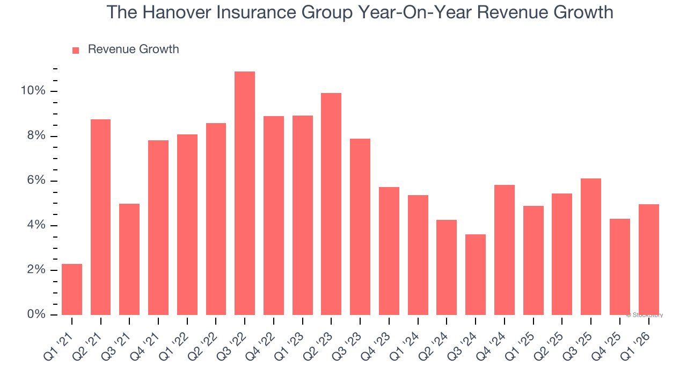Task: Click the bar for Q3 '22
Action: point(245,193)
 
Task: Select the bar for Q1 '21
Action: point(72,289)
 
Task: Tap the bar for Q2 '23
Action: point(331,204)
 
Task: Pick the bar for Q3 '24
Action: point(476,274)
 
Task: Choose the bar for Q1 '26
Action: point(648,259)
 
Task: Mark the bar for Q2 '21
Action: point(101,217)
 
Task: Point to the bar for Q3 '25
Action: point(591,246)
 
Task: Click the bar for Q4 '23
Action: point(389,250)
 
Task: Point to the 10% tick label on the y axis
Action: point(33,91)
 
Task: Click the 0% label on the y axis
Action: point(36,314)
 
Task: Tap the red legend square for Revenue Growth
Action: point(76,50)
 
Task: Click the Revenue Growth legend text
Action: point(133,49)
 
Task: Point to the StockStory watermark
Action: point(645,315)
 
